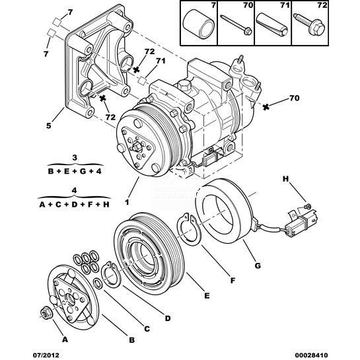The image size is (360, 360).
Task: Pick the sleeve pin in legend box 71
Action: (x=272, y=25)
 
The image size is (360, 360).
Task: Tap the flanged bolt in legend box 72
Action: (x=310, y=25)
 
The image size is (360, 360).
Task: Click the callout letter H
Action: (x=285, y=179)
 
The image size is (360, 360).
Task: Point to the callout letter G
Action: (x=258, y=266)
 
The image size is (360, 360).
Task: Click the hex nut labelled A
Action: (x=44, y=313)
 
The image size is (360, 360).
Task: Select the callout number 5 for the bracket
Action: (x=49, y=126)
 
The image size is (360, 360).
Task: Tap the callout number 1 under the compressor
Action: (x=127, y=202)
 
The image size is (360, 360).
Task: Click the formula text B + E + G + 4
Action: (x=75, y=171)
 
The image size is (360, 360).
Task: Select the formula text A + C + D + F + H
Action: (x=74, y=204)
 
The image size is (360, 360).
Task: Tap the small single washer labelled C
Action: (x=98, y=283)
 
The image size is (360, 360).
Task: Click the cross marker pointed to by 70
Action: (x=266, y=107)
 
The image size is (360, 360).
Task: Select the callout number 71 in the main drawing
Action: (x=161, y=61)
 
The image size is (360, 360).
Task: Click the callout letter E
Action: (x=207, y=295)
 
